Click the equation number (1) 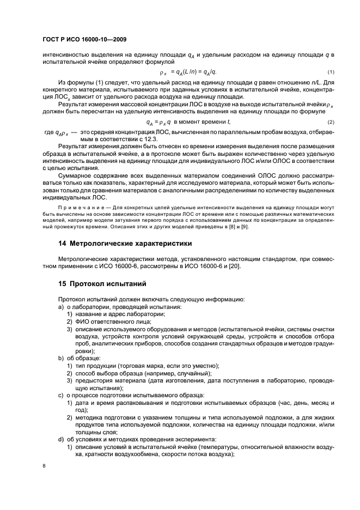pos(331,72)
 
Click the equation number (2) pos(331,122)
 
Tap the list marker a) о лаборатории pos(61,307)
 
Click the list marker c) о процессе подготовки pos(61,394)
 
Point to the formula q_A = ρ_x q pos(161,122)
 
